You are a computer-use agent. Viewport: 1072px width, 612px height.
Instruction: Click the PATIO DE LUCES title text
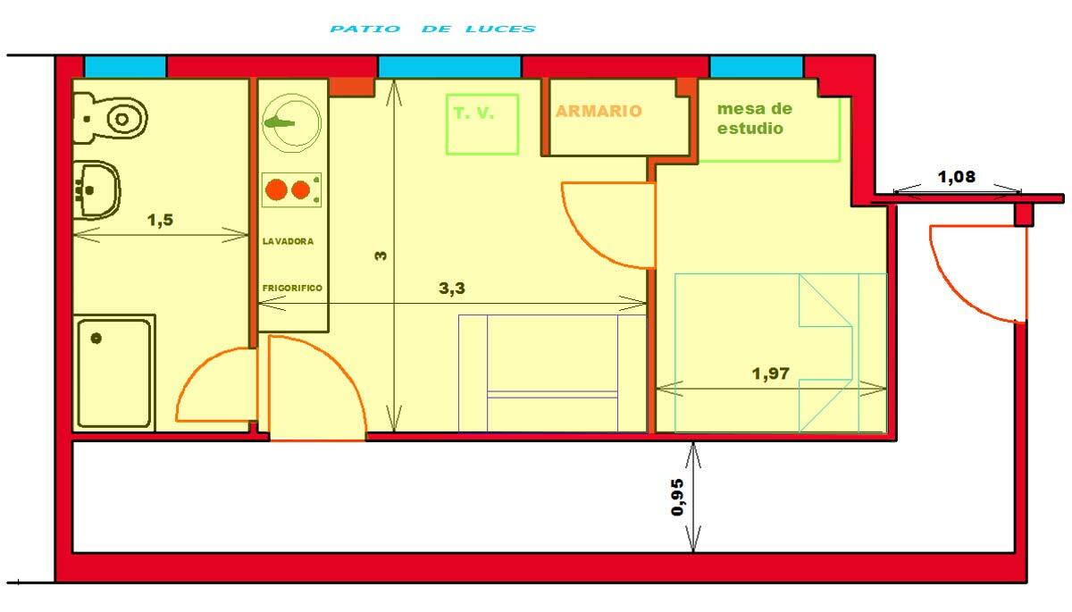[x=432, y=29]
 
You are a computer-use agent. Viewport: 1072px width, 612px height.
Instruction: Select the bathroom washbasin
[x=96, y=189]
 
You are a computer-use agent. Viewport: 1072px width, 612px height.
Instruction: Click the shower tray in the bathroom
[x=114, y=371]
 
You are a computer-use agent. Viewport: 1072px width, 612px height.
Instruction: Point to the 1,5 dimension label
[x=160, y=221]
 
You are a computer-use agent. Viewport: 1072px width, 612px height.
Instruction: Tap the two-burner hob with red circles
[x=291, y=190]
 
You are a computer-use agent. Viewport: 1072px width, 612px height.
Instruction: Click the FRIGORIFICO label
[x=292, y=288]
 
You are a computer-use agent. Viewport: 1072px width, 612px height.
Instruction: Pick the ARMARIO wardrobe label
[x=599, y=112]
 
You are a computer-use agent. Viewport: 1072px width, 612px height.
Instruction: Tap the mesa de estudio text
[x=755, y=119]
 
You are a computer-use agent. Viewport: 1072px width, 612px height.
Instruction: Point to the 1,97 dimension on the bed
[x=771, y=373]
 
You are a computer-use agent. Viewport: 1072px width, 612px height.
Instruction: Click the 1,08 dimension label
[x=956, y=177]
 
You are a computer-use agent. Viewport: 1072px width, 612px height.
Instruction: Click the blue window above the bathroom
[x=125, y=67]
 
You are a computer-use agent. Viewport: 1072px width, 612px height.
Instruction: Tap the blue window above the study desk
[x=756, y=67]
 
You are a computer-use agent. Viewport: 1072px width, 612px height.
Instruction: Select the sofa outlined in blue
[x=552, y=373]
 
